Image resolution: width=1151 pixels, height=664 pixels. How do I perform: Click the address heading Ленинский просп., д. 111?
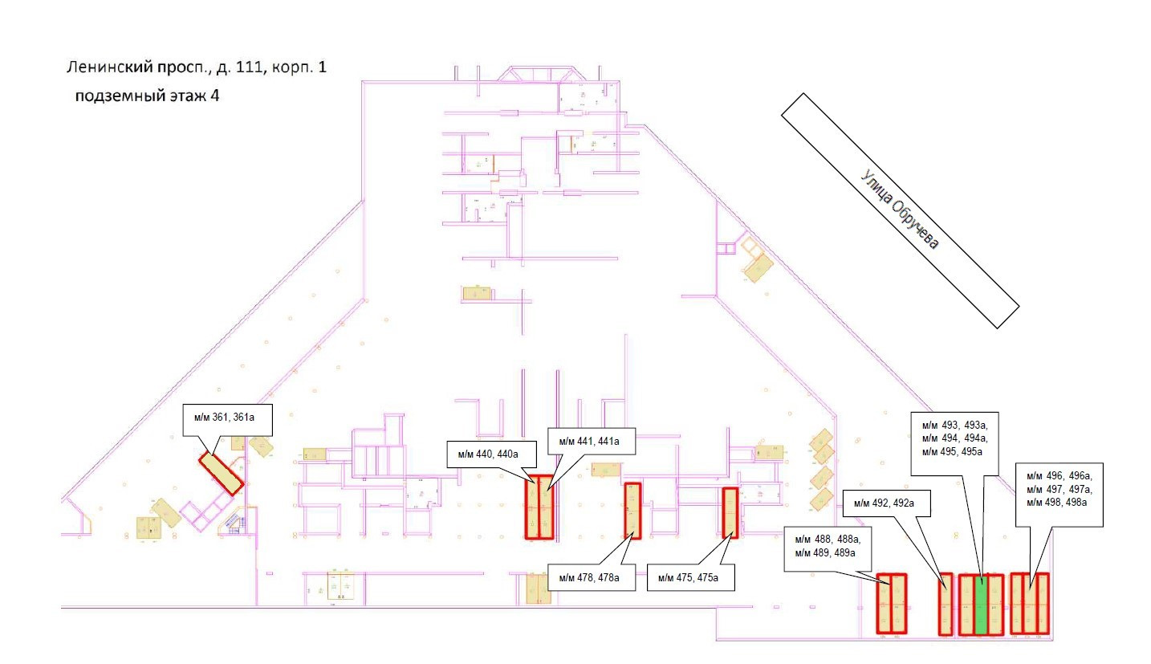[197, 68]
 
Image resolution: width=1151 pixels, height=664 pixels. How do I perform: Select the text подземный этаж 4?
[147, 96]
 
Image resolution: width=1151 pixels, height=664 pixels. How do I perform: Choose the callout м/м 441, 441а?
[584, 442]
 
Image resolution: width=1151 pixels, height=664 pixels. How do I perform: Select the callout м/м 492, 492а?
[889, 503]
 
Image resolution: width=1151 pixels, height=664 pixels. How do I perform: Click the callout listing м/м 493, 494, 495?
[955, 438]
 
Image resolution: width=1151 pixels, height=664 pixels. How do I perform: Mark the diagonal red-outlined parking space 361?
[221, 473]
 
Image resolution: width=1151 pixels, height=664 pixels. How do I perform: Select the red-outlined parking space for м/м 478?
[632, 511]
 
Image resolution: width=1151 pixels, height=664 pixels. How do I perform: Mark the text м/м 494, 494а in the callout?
[955, 438]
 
